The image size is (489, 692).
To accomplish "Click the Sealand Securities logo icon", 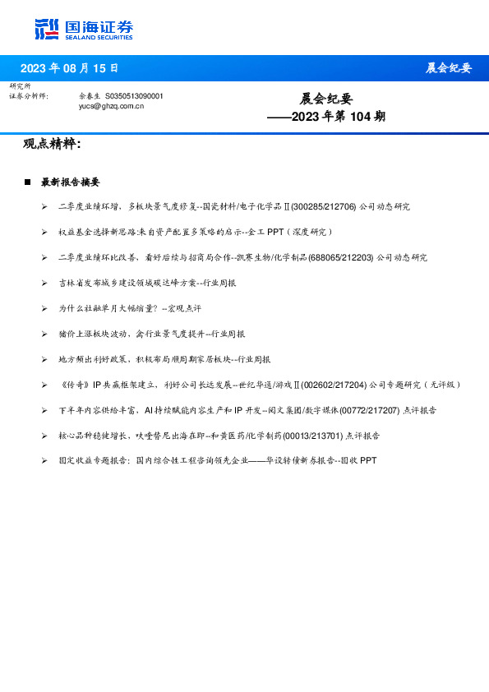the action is point(47,29).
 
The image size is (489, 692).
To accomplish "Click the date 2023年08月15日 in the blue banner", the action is point(69,67).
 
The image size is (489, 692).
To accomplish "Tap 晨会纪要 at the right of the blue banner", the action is point(448,67).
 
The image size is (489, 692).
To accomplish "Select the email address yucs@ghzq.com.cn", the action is point(111,106).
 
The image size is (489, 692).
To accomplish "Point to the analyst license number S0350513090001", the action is point(134,96).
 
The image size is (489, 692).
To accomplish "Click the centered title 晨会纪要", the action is point(325,99).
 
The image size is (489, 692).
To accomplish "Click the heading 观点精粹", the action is point(51,144).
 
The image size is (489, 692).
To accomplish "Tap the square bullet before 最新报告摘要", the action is point(28,182).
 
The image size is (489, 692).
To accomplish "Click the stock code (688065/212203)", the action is point(340,257).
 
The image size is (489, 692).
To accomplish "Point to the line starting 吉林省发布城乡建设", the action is point(147,283).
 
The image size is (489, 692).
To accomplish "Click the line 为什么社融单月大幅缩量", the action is point(129,308).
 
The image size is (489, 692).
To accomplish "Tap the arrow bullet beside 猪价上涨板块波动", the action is point(44,334).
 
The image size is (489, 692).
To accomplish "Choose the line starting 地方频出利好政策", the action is point(164,359).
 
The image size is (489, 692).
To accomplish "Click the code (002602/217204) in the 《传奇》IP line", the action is point(334,385).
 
